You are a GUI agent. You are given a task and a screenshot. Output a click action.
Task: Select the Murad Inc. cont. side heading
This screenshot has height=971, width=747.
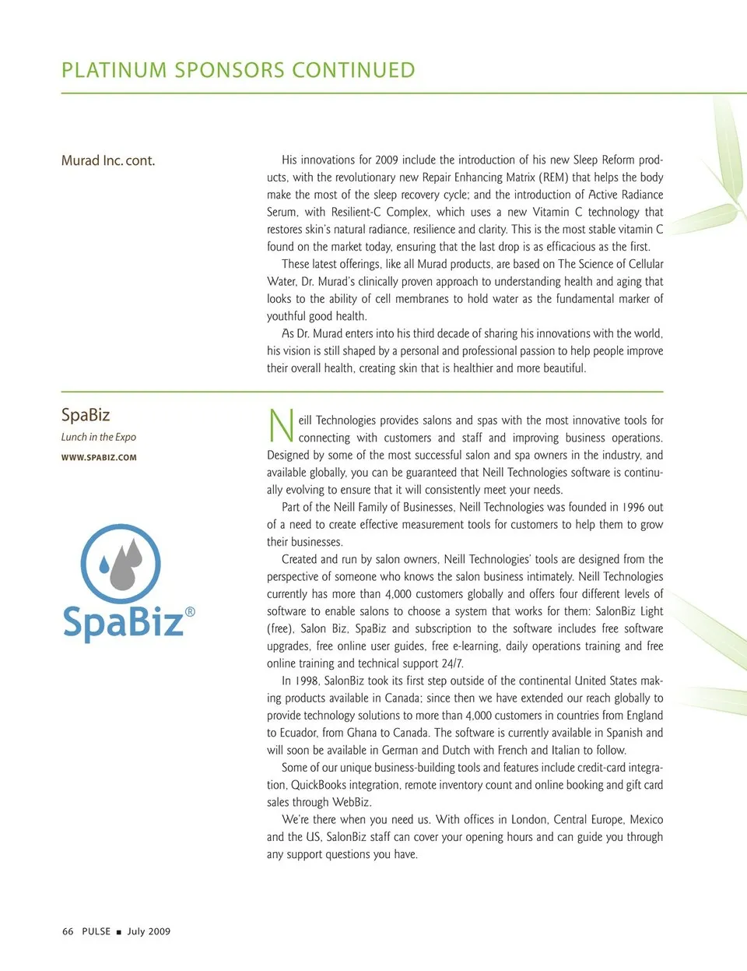[x=108, y=160]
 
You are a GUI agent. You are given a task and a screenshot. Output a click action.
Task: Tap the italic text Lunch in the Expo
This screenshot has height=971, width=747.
[x=99, y=437]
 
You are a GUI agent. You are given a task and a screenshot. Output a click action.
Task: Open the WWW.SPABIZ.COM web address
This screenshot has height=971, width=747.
[x=99, y=457]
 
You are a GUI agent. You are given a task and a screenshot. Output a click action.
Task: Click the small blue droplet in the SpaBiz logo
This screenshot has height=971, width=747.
[x=105, y=559]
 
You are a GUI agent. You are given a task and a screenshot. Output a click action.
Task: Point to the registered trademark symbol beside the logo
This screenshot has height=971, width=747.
[x=190, y=612]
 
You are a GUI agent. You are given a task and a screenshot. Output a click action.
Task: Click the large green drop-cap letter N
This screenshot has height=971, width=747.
[x=280, y=427]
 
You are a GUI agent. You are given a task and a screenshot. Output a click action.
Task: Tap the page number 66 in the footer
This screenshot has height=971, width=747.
[x=68, y=931]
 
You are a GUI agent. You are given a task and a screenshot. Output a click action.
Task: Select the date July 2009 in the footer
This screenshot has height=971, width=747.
[x=149, y=931]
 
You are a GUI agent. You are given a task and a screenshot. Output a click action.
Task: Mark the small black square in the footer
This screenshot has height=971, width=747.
[x=119, y=932]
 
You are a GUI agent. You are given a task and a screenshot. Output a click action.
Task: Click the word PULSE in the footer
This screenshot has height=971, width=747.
[x=96, y=931]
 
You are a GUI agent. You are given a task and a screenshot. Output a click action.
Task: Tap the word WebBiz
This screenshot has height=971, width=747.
[x=351, y=802]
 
